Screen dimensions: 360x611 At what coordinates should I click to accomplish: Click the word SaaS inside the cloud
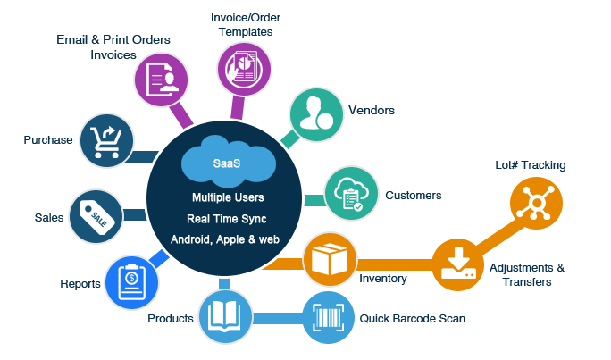click(227, 163)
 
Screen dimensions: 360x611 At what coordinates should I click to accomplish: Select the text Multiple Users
click(227, 197)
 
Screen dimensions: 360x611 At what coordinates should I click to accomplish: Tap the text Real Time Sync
click(227, 218)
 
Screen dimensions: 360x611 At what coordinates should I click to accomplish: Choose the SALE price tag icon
click(96, 215)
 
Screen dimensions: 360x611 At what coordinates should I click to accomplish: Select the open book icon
click(225, 316)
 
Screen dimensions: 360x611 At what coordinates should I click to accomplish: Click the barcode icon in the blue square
click(327, 317)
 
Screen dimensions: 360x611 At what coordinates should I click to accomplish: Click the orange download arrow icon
click(457, 264)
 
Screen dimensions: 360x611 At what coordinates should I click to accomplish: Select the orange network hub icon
click(535, 203)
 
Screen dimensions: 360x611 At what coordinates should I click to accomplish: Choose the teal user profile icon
click(315, 115)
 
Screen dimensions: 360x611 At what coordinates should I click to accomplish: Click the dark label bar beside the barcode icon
click(412, 318)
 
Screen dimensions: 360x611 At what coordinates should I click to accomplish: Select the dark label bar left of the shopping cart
click(47, 140)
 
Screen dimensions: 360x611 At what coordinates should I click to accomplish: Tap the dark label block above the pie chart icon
click(245, 25)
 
